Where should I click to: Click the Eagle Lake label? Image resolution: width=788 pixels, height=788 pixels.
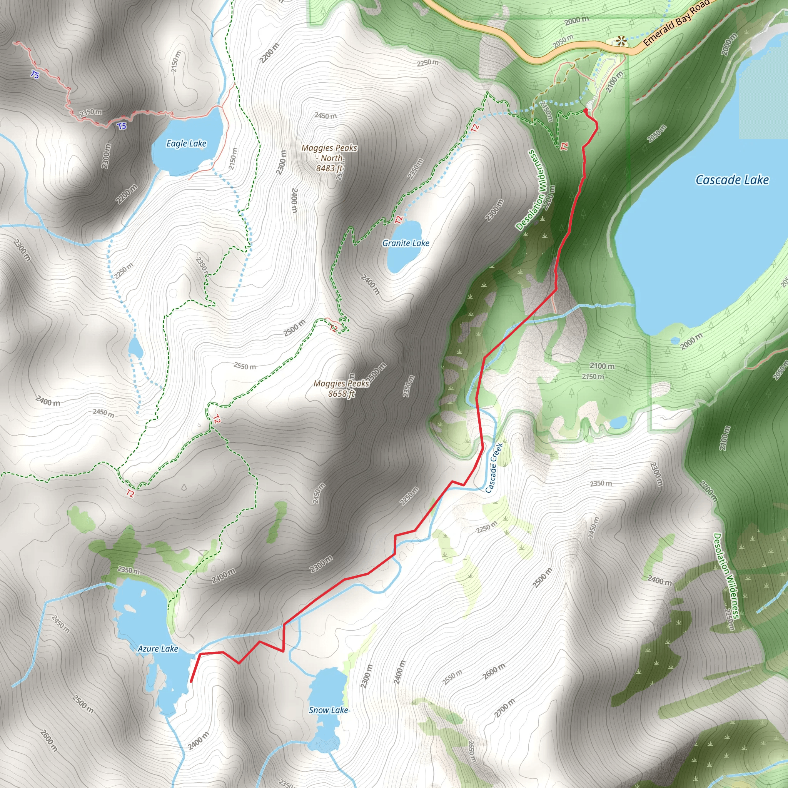pyautogui.click(x=186, y=144)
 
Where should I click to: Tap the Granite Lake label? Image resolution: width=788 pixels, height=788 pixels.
pyautogui.click(x=406, y=243)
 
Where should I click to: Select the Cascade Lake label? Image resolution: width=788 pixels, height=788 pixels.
pyautogui.click(x=732, y=180)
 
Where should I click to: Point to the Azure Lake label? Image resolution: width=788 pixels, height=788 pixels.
pyautogui.click(x=158, y=648)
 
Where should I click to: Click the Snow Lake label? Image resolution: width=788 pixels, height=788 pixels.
pyautogui.click(x=328, y=710)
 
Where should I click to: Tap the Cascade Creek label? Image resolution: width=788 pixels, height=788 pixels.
pyautogui.click(x=494, y=468)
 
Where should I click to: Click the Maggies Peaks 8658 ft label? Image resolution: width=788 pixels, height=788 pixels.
pyautogui.click(x=341, y=389)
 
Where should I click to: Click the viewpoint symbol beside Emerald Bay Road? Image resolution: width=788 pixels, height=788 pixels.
pyautogui.click(x=621, y=41)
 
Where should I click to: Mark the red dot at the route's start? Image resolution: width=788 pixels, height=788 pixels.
pyautogui.click(x=586, y=110)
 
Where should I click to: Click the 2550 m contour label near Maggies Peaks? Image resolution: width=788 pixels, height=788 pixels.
pyautogui.click(x=245, y=366)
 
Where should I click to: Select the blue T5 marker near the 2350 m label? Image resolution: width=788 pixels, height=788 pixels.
pyautogui.click(x=122, y=126)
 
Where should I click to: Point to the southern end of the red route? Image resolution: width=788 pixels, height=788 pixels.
pyautogui.click(x=191, y=681)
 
